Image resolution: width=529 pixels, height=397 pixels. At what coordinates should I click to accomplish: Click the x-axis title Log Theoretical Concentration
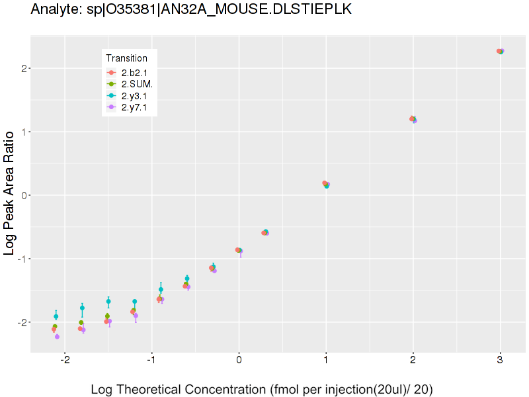(x=262, y=389)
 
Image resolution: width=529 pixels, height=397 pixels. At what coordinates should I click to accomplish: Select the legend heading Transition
(x=126, y=58)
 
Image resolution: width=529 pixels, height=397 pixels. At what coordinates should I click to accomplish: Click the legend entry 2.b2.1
(x=134, y=72)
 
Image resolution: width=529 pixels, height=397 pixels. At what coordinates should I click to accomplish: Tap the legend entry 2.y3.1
(x=134, y=96)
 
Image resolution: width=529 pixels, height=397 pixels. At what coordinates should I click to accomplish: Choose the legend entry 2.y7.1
(x=134, y=108)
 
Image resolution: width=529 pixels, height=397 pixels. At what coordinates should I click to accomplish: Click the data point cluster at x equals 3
(x=501, y=51)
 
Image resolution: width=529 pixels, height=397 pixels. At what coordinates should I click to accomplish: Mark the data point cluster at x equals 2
(x=413, y=119)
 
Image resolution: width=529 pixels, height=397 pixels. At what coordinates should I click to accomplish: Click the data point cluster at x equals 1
(x=326, y=184)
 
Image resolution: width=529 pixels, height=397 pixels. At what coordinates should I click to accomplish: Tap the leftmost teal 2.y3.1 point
(x=56, y=316)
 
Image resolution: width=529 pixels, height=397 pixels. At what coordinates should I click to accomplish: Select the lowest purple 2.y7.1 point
(x=57, y=337)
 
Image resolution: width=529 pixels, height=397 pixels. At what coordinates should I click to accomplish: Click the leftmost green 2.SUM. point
(x=55, y=326)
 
